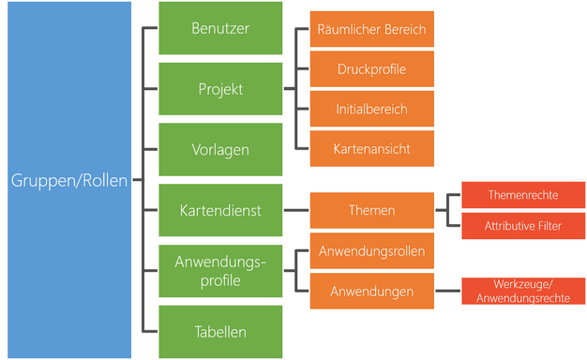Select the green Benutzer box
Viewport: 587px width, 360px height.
220,29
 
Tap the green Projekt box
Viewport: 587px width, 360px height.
220,89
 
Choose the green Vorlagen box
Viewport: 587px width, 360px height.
220,149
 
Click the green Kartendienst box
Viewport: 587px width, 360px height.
220,210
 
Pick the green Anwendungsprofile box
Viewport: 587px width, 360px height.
220,271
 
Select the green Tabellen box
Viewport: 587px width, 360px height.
220,330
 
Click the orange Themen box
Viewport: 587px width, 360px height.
371,211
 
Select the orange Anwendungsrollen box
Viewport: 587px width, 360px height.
371,251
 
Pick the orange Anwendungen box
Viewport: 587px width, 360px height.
371,292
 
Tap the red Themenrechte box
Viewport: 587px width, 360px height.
523,195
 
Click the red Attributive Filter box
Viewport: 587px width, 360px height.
523,226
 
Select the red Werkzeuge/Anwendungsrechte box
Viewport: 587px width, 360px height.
523,292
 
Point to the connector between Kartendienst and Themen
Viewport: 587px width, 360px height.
295,210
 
